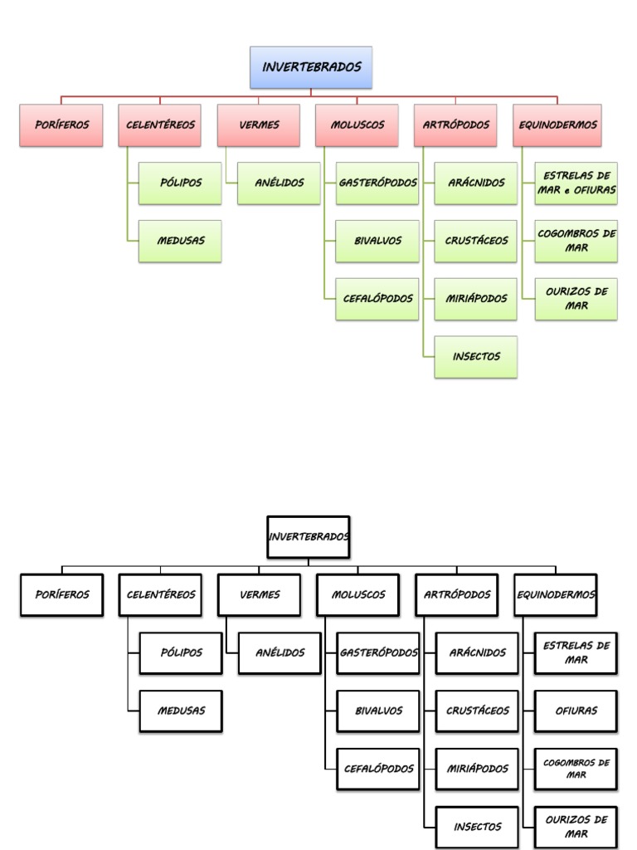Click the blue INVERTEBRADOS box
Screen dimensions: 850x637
point(311,67)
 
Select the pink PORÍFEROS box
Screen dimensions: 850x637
point(61,125)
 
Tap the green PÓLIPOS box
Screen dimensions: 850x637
point(180,183)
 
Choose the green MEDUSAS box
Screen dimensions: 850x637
point(180,241)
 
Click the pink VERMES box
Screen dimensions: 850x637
point(259,125)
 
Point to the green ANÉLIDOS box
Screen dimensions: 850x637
point(279,183)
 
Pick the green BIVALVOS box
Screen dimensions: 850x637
point(377,241)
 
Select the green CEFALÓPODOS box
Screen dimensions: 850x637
point(377,299)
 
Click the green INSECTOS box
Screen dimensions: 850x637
point(476,357)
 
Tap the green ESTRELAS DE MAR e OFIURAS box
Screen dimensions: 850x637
point(576,183)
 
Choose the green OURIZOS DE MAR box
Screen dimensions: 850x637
point(576,299)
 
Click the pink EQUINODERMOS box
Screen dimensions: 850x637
point(556,125)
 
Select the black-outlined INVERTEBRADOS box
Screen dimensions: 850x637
point(309,537)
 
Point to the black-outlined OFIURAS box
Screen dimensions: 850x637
point(576,711)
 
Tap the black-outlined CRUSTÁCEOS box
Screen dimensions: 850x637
point(477,711)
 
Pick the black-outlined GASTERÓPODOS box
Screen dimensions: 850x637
point(378,652)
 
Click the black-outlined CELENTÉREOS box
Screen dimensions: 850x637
point(160,595)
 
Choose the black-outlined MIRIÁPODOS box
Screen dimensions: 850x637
point(477,769)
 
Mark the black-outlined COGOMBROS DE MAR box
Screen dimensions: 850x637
point(576,769)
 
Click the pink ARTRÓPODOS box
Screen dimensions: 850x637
point(456,125)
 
